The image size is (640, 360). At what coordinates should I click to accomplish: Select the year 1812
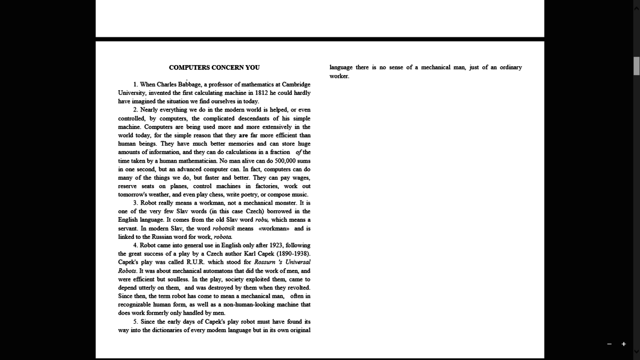tap(261, 93)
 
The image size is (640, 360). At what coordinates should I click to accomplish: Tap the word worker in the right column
tap(339, 76)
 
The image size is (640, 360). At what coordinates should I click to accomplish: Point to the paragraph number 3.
tap(135, 203)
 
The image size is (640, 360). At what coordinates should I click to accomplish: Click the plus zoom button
tap(623, 344)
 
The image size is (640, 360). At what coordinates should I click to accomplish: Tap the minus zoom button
tap(609, 344)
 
